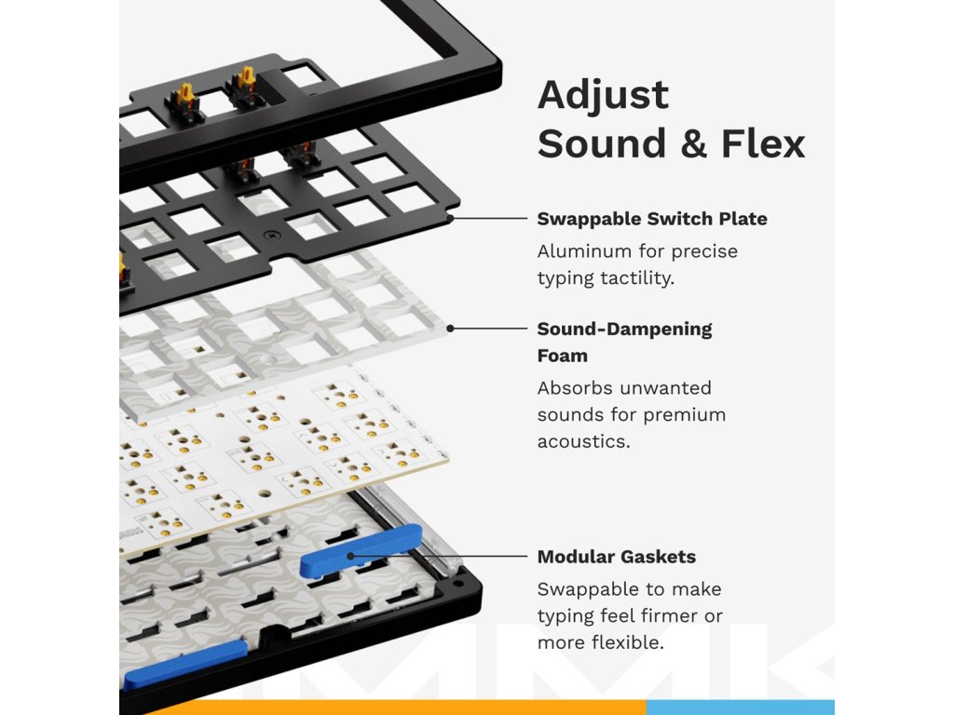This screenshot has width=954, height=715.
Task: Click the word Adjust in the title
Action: (603, 96)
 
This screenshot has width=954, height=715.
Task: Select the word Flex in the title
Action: (763, 143)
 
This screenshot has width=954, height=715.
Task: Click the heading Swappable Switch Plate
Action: (651, 219)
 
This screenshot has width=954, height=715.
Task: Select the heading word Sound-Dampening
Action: (624, 330)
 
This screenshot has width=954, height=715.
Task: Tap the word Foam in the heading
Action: (562, 356)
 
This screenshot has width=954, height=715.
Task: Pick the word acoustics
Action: (583, 441)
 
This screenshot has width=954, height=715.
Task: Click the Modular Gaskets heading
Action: (617, 557)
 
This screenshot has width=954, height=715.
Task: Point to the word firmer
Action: (666, 616)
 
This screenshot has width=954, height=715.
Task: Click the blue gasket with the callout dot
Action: (361, 550)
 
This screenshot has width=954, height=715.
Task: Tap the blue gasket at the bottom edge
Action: (185, 664)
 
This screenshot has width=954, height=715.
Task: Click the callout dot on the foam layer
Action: (450, 329)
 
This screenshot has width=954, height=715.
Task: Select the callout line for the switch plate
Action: (490, 218)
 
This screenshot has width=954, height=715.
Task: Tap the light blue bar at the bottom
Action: (741, 708)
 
